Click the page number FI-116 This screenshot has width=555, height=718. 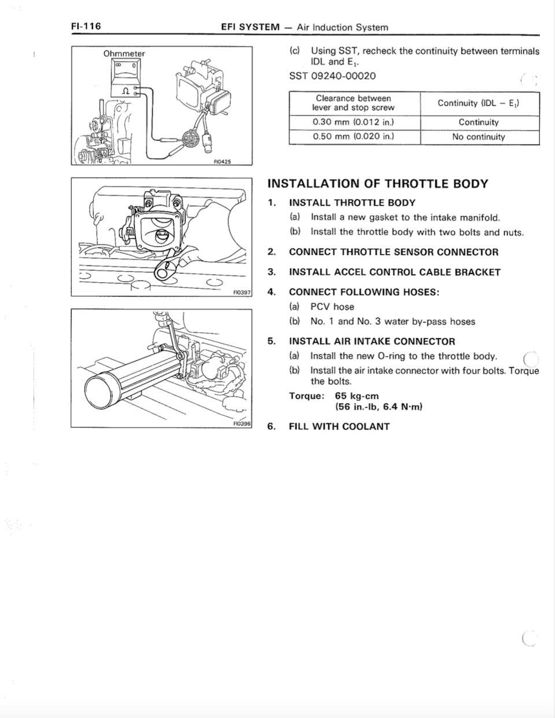click(86, 27)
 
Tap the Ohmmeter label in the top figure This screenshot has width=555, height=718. click(124, 54)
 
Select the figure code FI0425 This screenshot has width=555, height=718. click(222, 162)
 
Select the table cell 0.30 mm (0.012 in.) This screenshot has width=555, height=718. click(353, 122)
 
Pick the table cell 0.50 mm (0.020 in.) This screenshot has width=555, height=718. click(353, 137)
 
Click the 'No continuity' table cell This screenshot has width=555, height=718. click(479, 137)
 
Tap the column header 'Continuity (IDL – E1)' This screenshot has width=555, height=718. click(479, 103)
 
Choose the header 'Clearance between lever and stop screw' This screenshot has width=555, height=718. click(353, 103)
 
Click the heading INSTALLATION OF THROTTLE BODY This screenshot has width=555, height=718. click(378, 184)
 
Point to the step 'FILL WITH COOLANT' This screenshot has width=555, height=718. click(339, 427)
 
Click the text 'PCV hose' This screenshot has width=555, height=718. click(332, 307)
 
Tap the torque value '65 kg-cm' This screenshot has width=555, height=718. click(357, 396)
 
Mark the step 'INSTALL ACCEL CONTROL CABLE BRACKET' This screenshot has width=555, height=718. click(394, 272)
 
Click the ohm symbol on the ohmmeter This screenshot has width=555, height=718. click(124, 90)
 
